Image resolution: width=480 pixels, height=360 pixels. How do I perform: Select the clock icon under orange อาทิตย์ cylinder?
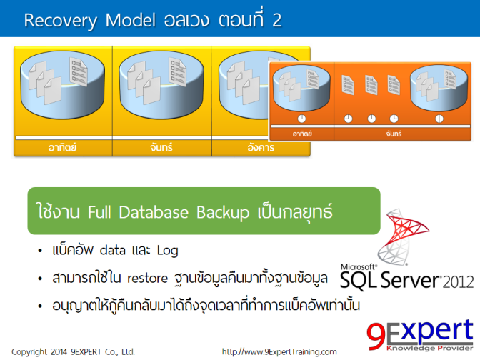click(301, 118)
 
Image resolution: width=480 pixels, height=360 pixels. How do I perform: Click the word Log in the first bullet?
click(166, 251)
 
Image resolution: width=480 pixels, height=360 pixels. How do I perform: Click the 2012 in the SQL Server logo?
click(457, 281)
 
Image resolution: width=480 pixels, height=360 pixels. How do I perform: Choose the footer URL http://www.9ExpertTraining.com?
click(279, 351)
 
